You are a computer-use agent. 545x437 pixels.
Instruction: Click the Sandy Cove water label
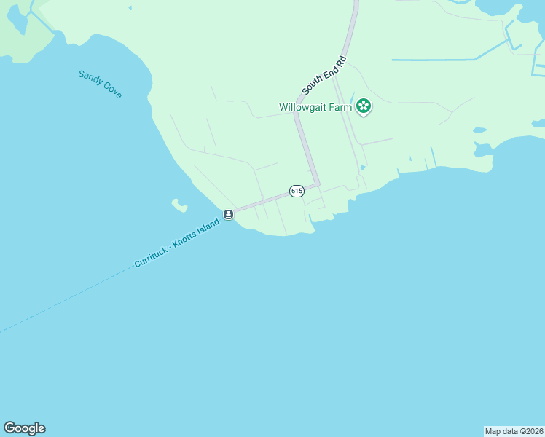click(x=100, y=84)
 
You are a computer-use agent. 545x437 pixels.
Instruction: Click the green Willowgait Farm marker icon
click(x=364, y=107)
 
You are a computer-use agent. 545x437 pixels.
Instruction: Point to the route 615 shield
click(x=296, y=190)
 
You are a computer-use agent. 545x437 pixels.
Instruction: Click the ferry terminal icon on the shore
click(x=229, y=215)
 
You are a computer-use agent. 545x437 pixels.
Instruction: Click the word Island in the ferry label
click(x=209, y=224)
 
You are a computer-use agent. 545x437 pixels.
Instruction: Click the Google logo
click(x=24, y=428)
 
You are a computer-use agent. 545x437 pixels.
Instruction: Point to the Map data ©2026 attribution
click(x=514, y=431)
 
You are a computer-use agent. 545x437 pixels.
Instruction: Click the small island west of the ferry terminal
click(x=177, y=205)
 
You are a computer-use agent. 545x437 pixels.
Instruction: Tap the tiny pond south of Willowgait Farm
click(x=362, y=167)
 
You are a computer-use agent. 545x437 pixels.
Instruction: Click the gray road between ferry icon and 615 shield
click(x=262, y=202)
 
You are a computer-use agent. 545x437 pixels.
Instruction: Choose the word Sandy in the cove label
click(x=90, y=78)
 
